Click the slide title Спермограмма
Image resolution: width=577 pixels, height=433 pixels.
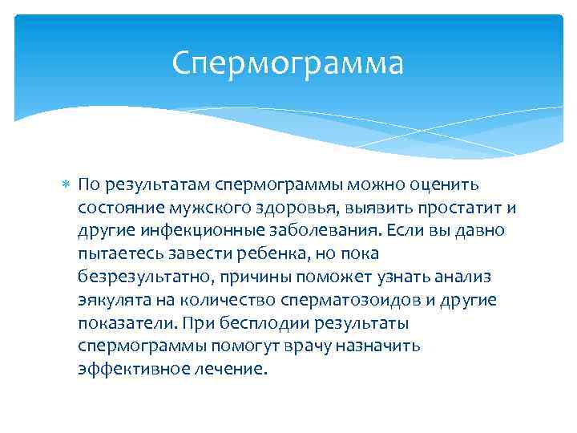[288, 63]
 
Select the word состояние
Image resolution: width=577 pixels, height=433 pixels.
[121, 208]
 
